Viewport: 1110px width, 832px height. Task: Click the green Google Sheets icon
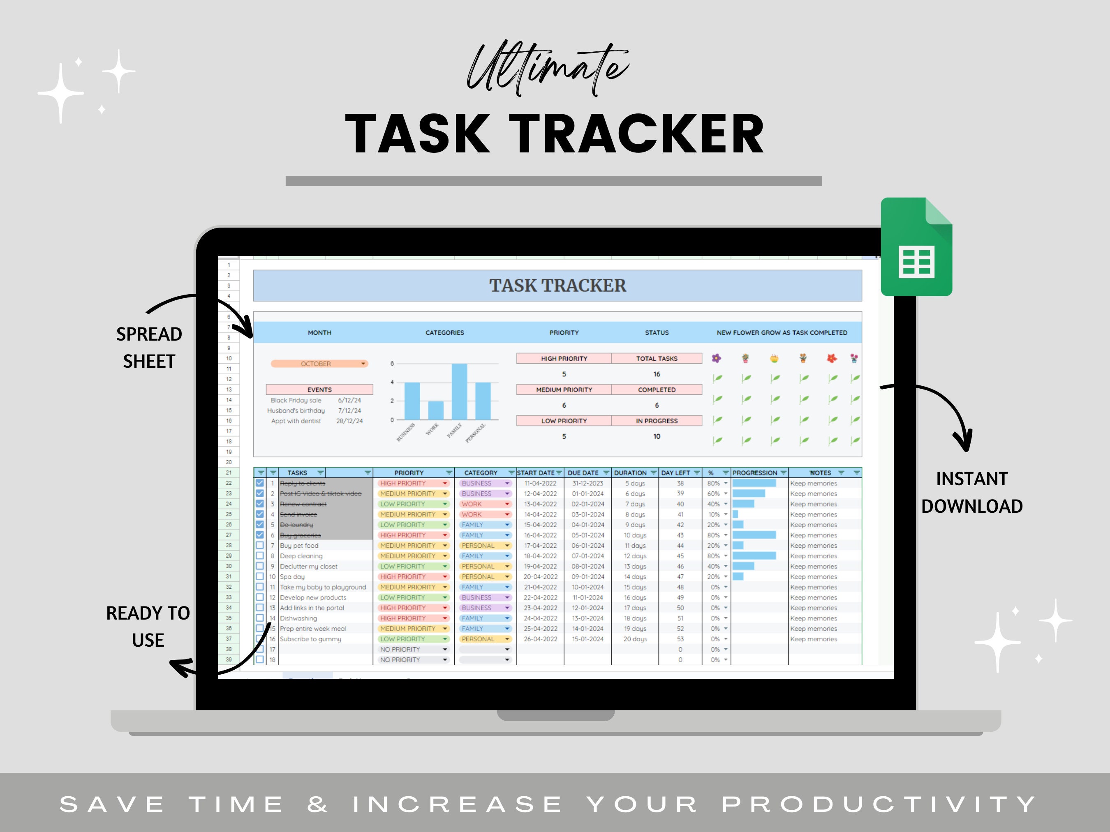click(916, 247)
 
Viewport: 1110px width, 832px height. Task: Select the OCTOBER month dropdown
click(319, 364)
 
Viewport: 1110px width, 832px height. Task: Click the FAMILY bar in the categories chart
click(459, 391)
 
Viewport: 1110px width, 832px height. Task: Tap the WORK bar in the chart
click(435, 410)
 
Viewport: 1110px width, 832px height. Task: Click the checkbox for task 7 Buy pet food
click(260, 545)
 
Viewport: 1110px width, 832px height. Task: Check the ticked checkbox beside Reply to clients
click(260, 483)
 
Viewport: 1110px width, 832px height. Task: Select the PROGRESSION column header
click(755, 472)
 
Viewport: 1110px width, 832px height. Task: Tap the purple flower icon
click(717, 358)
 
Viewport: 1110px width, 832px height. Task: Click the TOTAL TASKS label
click(657, 359)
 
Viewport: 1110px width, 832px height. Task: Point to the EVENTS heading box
click(319, 389)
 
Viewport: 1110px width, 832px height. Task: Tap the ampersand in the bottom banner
click(318, 804)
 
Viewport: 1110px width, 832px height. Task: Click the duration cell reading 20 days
click(635, 639)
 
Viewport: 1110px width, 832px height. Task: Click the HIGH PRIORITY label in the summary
click(564, 359)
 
